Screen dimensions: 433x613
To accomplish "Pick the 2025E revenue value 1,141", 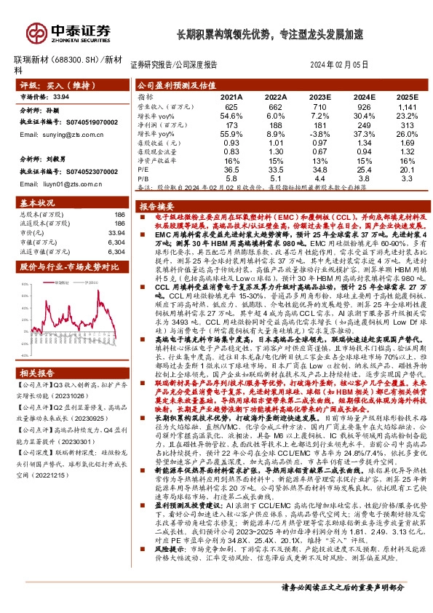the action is coord(408,106).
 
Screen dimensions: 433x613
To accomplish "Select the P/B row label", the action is coord(143,178).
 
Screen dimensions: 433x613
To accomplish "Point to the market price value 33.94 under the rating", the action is coord(61,96).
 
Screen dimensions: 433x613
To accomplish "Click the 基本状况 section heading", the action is coord(37,202).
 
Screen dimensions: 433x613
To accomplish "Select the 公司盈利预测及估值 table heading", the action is coord(176,85).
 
